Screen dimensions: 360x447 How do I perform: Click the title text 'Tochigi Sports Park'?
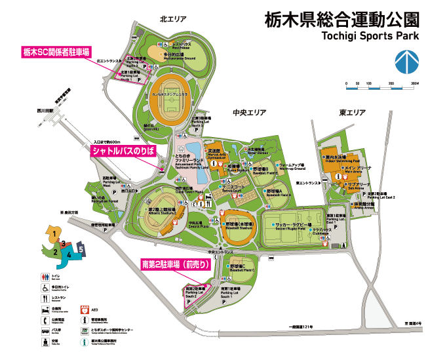click(x=369, y=35)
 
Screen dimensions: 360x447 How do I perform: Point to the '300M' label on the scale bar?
click(x=414, y=85)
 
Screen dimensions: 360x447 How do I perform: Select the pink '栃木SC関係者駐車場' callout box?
click(x=56, y=51)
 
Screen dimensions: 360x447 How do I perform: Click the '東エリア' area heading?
click(x=352, y=113)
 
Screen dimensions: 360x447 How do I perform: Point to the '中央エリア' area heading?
click(x=250, y=113)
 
